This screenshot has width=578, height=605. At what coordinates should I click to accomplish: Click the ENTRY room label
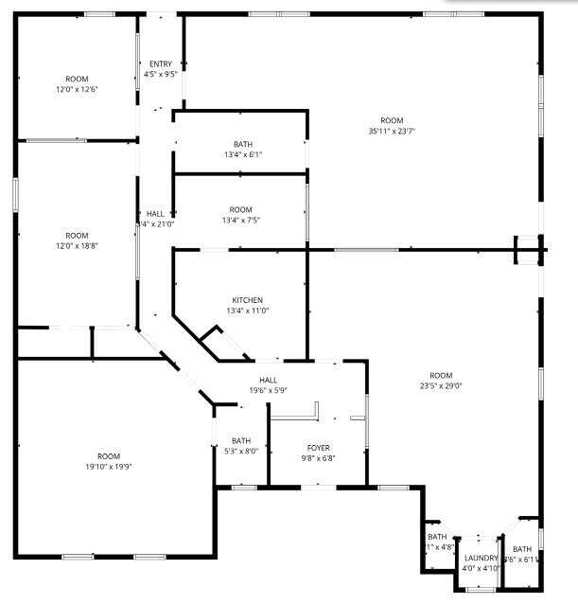click(x=160, y=63)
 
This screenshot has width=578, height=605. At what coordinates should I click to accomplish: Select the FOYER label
click(x=318, y=447)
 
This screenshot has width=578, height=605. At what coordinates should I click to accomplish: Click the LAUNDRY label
click(x=481, y=559)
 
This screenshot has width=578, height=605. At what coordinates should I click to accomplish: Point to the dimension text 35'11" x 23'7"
click(x=392, y=132)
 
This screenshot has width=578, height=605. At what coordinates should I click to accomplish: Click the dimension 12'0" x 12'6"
click(x=77, y=89)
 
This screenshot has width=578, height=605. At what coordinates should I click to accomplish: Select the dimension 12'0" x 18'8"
click(x=77, y=246)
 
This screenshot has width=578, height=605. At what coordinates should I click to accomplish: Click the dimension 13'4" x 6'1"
click(x=243, y=154)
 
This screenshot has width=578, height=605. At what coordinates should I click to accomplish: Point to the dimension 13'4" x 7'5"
click(x=241, y=220)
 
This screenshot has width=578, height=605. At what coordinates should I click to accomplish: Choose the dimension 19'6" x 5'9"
click(x=268, y=390)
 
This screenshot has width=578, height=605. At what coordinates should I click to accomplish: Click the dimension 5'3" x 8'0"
click(x=241, y=451)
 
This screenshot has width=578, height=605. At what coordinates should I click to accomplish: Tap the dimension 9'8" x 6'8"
click(x=318, y=458)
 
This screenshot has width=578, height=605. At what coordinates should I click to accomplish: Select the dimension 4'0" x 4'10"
click(x=481, y=569)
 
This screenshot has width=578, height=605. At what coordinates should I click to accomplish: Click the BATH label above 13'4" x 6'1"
click(x=243, y=144)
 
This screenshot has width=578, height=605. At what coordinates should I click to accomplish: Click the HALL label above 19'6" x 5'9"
click(x=268, y=380)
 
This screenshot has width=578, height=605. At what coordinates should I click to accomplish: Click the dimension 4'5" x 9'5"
click(x=160, y=74)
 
